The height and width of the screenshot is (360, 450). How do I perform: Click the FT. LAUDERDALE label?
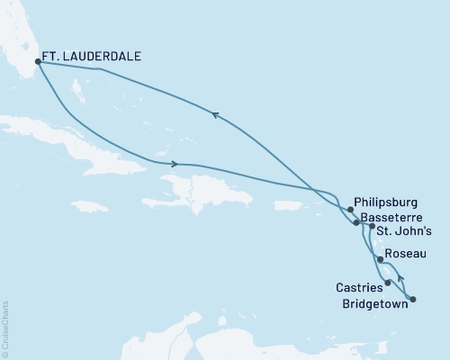94,55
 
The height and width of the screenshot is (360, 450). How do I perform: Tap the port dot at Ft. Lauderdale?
38,62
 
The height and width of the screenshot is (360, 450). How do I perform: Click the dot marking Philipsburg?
351,209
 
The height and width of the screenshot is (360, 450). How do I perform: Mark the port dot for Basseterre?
356,222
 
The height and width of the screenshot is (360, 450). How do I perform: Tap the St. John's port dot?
371,228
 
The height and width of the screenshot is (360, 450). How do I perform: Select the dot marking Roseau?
382,261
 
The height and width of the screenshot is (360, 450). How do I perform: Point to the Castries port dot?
388,283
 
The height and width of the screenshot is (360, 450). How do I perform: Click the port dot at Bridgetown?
413,298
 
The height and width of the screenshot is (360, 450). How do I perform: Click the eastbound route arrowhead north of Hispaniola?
174,164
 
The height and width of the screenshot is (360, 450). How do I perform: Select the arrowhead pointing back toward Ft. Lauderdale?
214,113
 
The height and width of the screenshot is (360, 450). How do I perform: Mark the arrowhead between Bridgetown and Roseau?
400,279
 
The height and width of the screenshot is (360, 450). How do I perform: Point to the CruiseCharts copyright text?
5,328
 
